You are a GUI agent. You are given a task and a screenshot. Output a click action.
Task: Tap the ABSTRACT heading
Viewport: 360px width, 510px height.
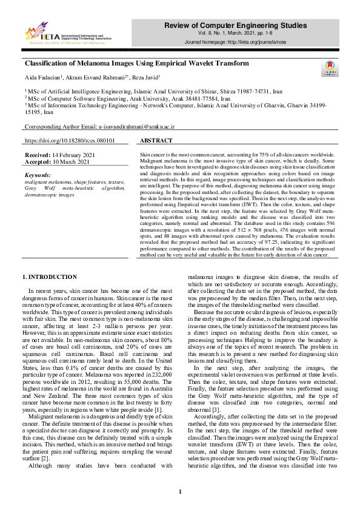coord(156,140)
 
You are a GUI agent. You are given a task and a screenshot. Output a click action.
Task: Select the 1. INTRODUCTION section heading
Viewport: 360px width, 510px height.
coord(50,277)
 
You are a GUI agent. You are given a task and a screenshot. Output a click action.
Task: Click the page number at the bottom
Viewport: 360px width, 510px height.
coord(180,492)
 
